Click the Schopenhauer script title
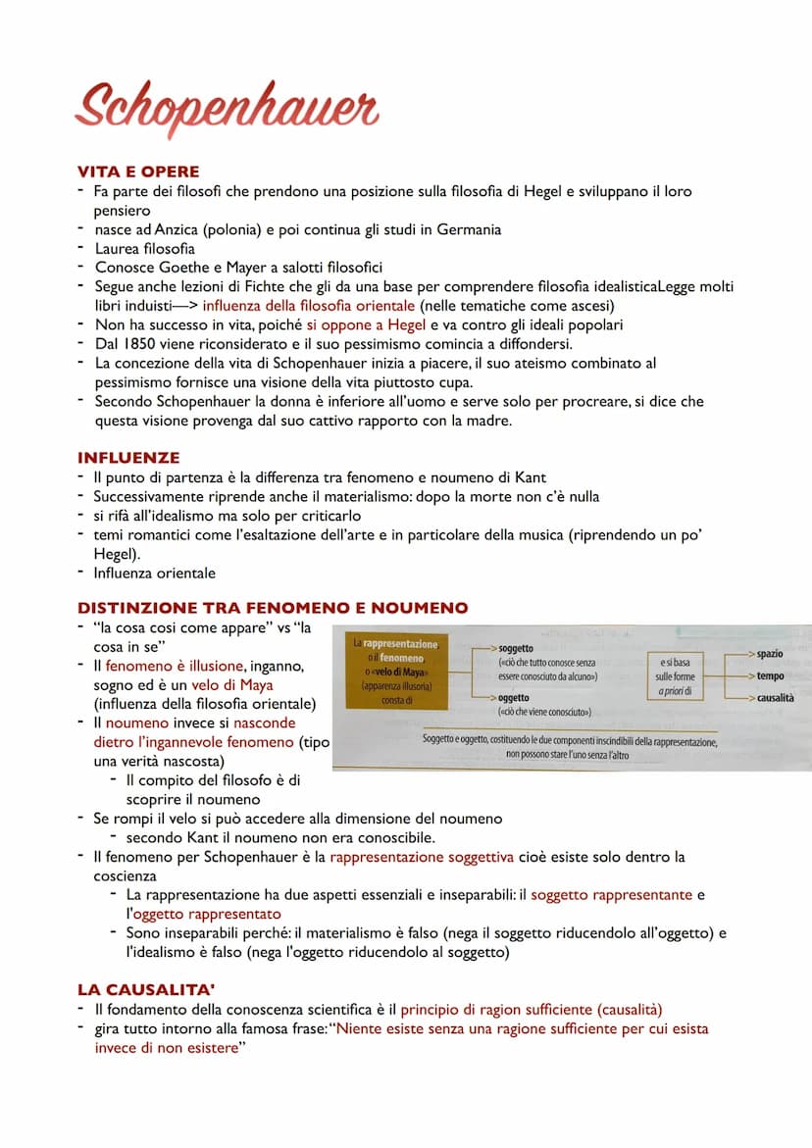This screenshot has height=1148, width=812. click(x=227, y=109)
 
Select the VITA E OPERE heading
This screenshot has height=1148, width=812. click(x=138, y=173)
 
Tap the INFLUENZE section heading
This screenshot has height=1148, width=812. click(x=128, y=457)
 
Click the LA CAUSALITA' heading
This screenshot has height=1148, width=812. click(x=146, y=990)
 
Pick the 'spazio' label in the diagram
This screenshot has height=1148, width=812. click(x=770, y=652)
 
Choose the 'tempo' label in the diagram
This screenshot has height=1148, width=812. click(x=770, y=675)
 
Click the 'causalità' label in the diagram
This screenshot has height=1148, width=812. click(x=775, y=698)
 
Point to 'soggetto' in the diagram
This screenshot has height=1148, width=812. click(x=516, y=648)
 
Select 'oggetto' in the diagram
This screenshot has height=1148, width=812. click(x=514, y=696)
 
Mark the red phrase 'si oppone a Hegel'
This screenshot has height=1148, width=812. click(x=366, y=324)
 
